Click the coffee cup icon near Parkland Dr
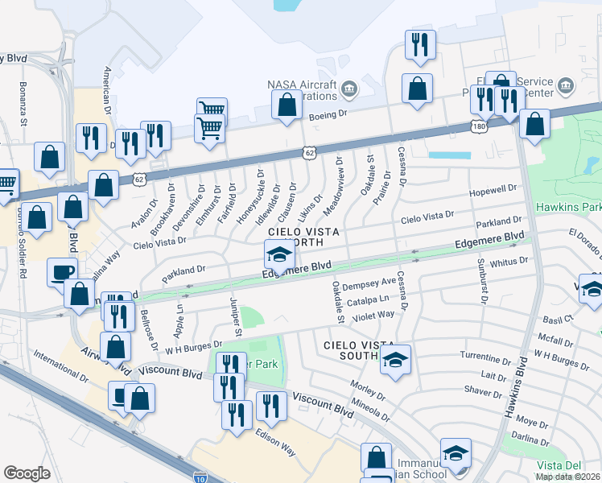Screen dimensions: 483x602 [61, 272]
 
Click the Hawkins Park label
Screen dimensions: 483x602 [568, 207]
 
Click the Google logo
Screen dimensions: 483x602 [27, 473]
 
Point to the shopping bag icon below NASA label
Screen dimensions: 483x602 [287, 105]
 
